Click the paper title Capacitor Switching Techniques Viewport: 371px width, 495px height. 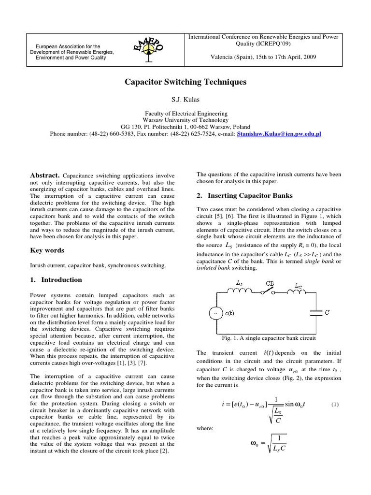[x=185, y=82]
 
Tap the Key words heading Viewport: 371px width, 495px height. [x=47, y=250]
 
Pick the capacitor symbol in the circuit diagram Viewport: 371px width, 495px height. [x=315, y=313]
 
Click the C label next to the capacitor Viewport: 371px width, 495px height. [x=328, y=313]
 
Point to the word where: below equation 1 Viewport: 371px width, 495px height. [x=204, y=428]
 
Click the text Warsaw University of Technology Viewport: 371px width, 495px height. [x=185, y=120]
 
